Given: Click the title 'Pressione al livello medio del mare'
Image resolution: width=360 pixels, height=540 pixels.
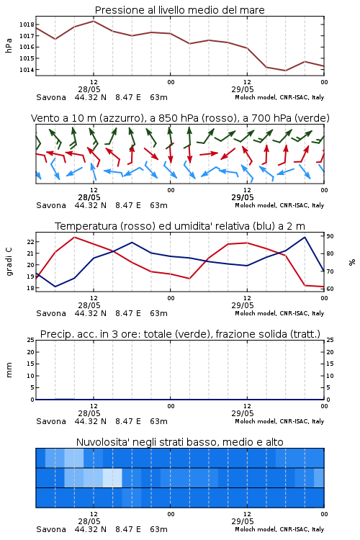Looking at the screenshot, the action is (x=179, y=10).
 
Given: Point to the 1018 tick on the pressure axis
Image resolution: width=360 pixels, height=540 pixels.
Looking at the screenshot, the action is (x=27, y=24).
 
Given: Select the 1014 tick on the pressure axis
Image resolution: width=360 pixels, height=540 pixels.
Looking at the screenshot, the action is (x=27, y=70).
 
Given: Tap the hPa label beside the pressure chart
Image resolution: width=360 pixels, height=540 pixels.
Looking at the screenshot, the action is (x=9, y=45).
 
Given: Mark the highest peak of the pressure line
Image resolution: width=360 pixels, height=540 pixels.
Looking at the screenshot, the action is (x=94, y=21).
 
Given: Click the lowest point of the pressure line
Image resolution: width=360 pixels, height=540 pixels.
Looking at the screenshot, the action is (x=285, y=71).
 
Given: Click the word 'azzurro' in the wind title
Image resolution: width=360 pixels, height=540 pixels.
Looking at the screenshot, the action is (x=120, y=119).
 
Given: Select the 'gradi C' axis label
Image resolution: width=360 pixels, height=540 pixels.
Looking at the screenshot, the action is (x=9, y=261).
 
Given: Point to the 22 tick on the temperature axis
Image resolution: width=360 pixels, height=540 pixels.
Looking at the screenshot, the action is (x=30, y=242).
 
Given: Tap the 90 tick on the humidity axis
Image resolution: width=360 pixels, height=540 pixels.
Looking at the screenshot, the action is (x=330, y=236).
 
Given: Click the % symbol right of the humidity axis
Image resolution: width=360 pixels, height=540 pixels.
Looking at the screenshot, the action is (x=352, y=262).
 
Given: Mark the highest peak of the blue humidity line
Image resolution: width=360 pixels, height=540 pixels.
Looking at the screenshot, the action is (x=305, y=237).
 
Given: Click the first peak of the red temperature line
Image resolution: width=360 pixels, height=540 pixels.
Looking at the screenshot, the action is (x=74, y=237).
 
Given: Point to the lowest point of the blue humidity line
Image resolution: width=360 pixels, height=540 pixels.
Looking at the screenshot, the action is (x=55, y=287).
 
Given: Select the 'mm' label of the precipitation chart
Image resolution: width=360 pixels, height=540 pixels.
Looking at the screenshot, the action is (x=9, y=369).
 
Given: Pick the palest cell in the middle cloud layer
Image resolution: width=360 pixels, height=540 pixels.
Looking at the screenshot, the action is (x=112, y=477).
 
